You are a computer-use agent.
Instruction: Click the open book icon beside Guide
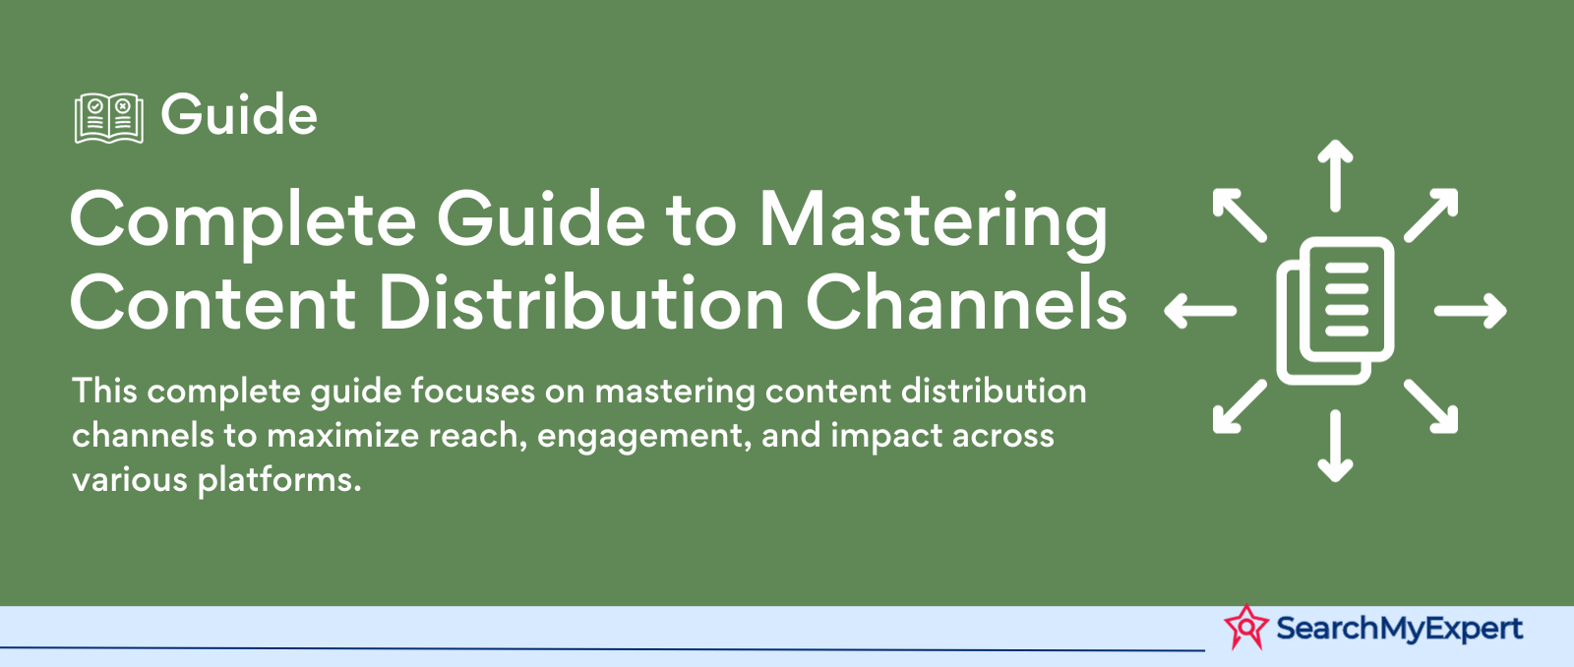pyautogui.click(x=109, y=118)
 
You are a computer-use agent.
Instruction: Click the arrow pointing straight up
pyautogui.click(x=1335, y=175)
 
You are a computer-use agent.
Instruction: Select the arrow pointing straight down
pyautogui.click(x=1335, y=447)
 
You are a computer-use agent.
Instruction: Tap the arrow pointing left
pyautogui.click(x=1200, y=311)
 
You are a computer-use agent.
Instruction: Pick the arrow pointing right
pyautogui.click(x=1470, y=311)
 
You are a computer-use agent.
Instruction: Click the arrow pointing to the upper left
pyautogui.click(x=1240, y=215)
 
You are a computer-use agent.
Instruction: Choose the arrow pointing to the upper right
pyautogui.click(x=1430, y=215)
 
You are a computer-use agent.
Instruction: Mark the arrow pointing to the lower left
pyautogui.click(x=1240, y=406)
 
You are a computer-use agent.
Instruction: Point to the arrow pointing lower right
pyautogui.click(x=1430, y=406)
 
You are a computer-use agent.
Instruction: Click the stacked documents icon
pyautogui.click(x=1335, y=311)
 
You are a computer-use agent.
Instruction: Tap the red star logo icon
pyautogui.click(x=1245, y=627)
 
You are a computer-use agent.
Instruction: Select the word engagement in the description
pyautogui.click(x=640, y=437)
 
